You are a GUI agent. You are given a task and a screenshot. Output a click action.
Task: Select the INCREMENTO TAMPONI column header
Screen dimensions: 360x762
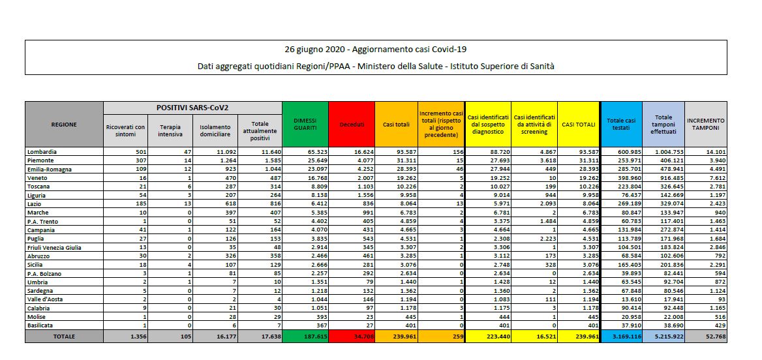point(705,124)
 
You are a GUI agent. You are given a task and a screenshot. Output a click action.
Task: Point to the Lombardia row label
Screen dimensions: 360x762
point(41,151)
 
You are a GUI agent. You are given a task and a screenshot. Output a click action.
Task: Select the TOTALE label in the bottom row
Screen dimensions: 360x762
point(64,337)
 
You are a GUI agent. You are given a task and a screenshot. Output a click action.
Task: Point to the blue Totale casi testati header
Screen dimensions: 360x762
point(620,124)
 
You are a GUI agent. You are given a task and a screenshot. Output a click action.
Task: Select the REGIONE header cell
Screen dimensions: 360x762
point(64,124)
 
